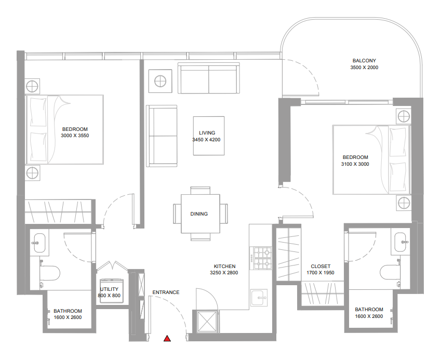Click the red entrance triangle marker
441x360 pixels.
click(x=167, y=338)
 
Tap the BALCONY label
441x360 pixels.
click(x=364, y=60)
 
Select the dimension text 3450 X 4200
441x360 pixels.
click(x=206, y=140)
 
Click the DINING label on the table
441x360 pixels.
click(x=199, y=214)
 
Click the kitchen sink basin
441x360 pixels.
click(x=259, y=297)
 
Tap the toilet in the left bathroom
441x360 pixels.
click(x=49, y=273)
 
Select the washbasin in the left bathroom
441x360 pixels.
click(x=39, y=243)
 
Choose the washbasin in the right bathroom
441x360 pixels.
click(x=400, y=242)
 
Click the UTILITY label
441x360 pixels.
click(x=109, y=289)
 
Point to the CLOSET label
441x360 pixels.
click(x=320, y=266)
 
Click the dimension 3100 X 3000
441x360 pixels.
click(x=355, y=164)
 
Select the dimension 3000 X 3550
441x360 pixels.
click(x=75, y=135)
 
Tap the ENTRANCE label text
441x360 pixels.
click(x=166, y=292)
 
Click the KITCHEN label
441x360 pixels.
click(x=225, y=266)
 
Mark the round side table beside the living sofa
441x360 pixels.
click(x=160, y=81)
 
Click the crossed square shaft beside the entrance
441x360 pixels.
click(x=207, y=321)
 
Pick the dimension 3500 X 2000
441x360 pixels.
click(x=364, y=67)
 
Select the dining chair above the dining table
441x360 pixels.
click(x=201, y=191)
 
